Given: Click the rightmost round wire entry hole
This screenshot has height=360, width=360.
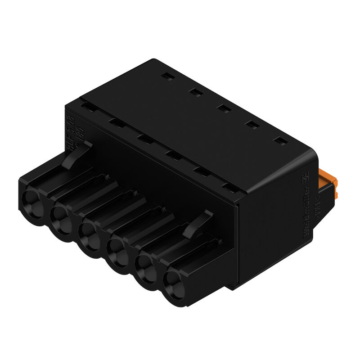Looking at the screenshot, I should tap(173, 283).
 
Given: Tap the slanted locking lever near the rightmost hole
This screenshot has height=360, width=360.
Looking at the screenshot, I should tap(198, 223).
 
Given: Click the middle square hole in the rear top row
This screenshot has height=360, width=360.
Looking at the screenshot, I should tap(222, 108).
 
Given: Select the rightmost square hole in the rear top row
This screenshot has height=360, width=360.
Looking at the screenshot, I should tap(280, 141).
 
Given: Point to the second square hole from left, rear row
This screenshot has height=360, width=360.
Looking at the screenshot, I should tap(194, 92).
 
